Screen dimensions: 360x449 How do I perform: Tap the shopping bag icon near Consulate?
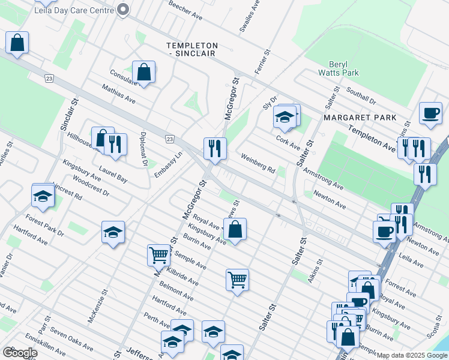pos(144,73)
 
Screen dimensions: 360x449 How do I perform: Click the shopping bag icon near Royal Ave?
pos(235,229)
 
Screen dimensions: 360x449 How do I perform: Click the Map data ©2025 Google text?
pos(412,355)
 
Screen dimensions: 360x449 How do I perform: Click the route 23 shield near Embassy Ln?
pos(170,139)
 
